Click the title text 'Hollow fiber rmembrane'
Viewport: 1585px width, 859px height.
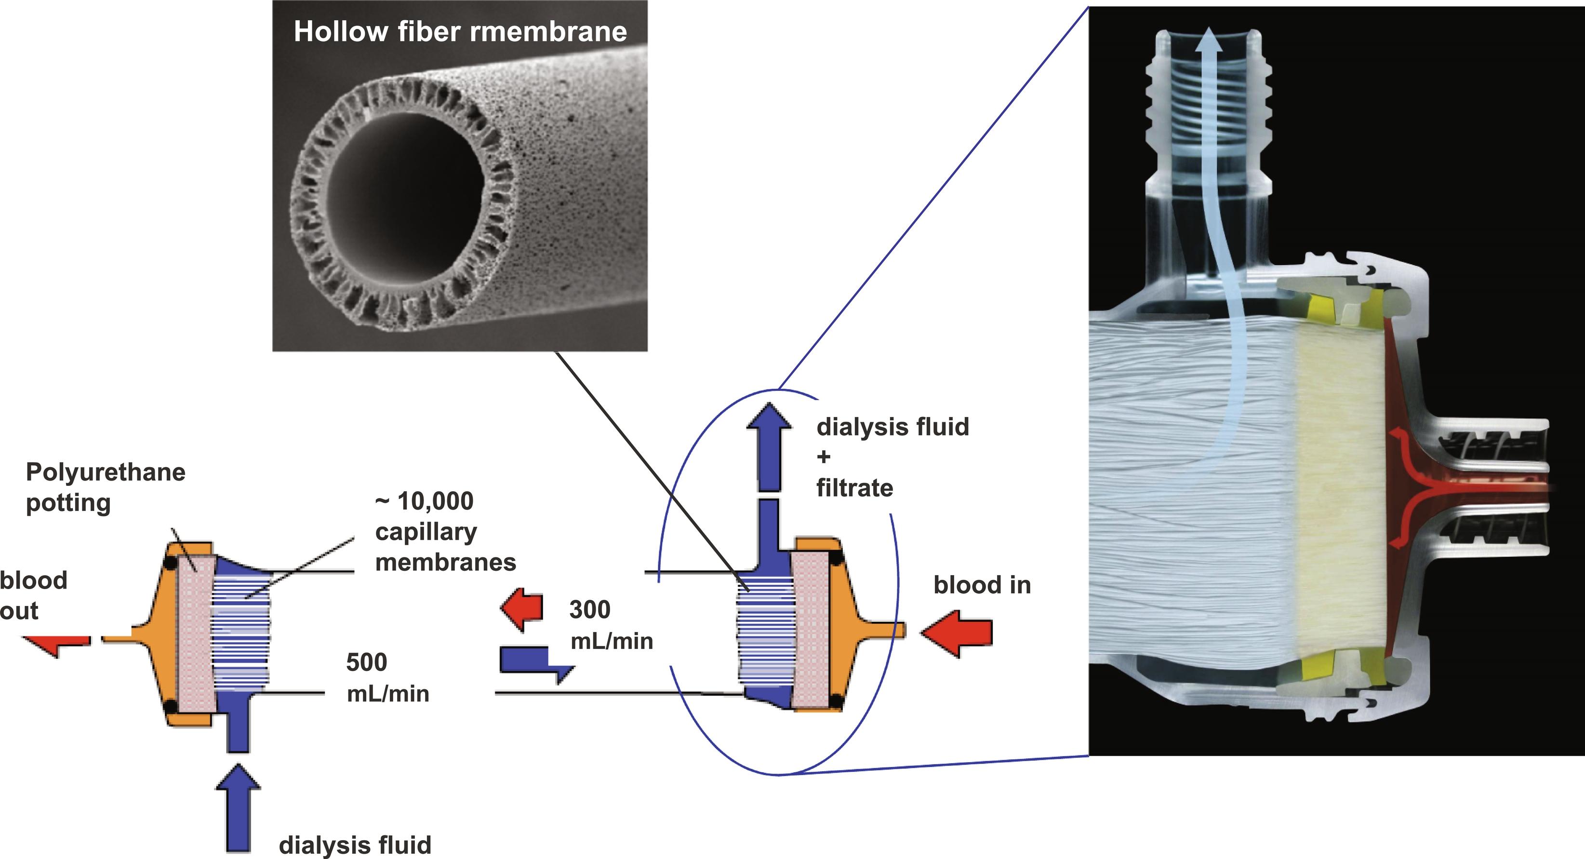coord(460,32)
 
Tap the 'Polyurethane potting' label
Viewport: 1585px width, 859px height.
coord(105,487)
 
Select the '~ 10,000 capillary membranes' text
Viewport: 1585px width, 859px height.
coord(444,532)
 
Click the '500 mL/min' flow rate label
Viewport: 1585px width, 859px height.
coord(386,677)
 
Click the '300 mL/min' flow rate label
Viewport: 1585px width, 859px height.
coord(611,625)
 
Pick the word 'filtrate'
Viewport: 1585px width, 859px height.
coord(854,488)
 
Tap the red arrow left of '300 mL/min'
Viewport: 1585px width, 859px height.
coord(522,609)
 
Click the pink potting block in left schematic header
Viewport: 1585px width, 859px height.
coord(196,634)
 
